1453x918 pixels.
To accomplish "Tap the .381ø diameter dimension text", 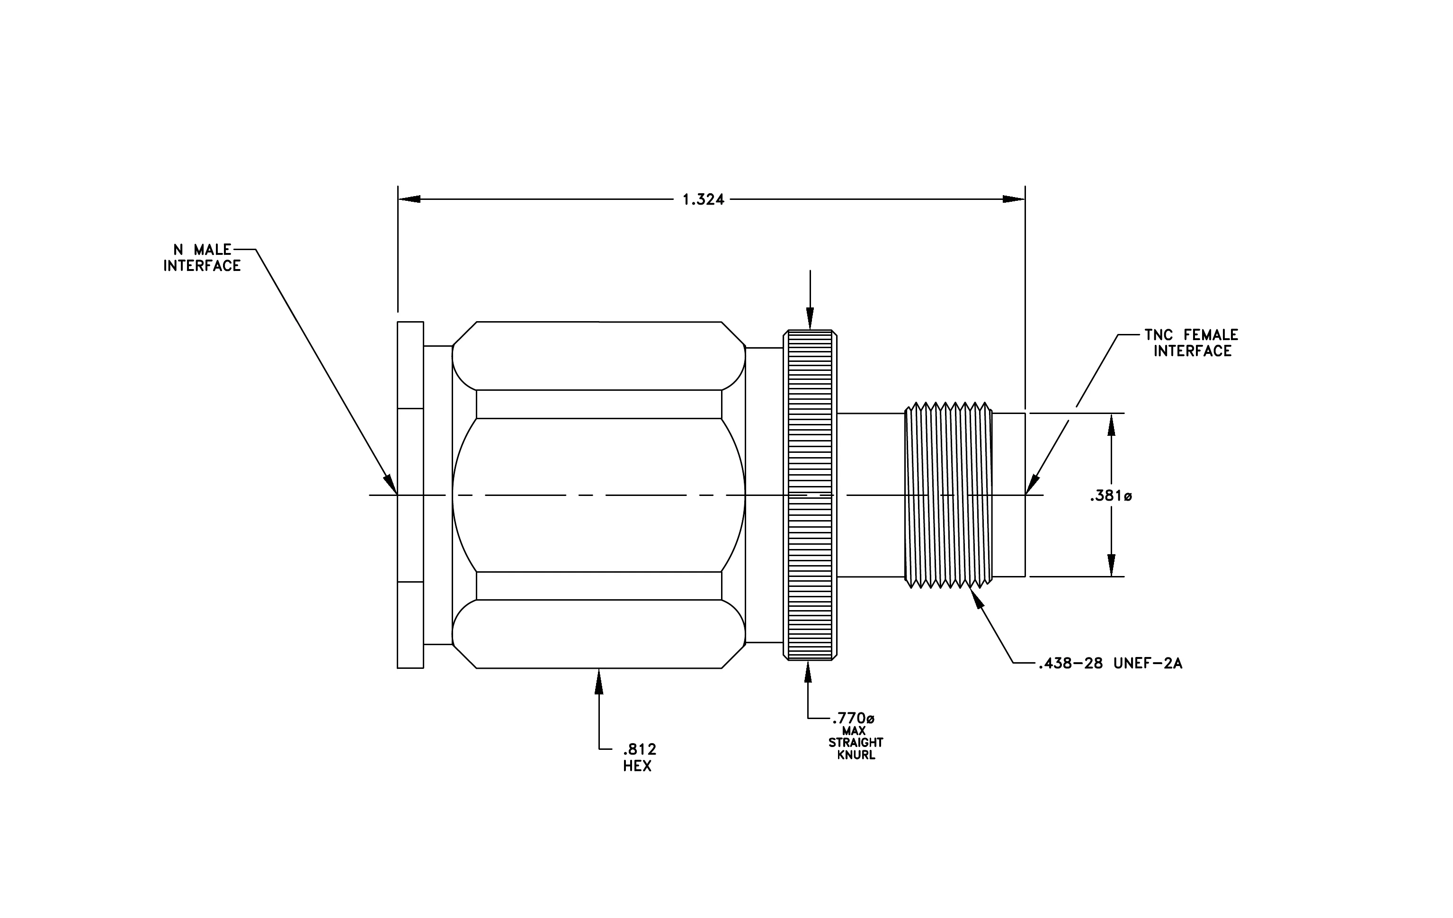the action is click(1111, 496).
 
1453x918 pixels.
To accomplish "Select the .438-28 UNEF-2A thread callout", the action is click(1110, 664).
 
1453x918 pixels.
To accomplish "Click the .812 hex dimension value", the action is click(640, 750).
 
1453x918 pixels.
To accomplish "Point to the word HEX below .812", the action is click(637, 766).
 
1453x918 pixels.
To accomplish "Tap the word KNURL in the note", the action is click(856, 755).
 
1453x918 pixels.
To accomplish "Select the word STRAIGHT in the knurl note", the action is click(856, 742).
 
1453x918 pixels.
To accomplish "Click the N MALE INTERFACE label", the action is click(202, 258).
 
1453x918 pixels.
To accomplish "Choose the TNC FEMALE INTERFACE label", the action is click(1192, 343).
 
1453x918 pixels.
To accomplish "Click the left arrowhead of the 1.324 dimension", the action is click(409, 199).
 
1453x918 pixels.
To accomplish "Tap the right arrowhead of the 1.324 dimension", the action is click(1014, 199).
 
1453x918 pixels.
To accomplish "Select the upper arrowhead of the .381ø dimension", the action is click(1112, 424).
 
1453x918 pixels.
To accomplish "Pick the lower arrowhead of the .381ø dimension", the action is click(1112, 566).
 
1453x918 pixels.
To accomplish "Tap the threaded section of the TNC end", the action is click(949, 495).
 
